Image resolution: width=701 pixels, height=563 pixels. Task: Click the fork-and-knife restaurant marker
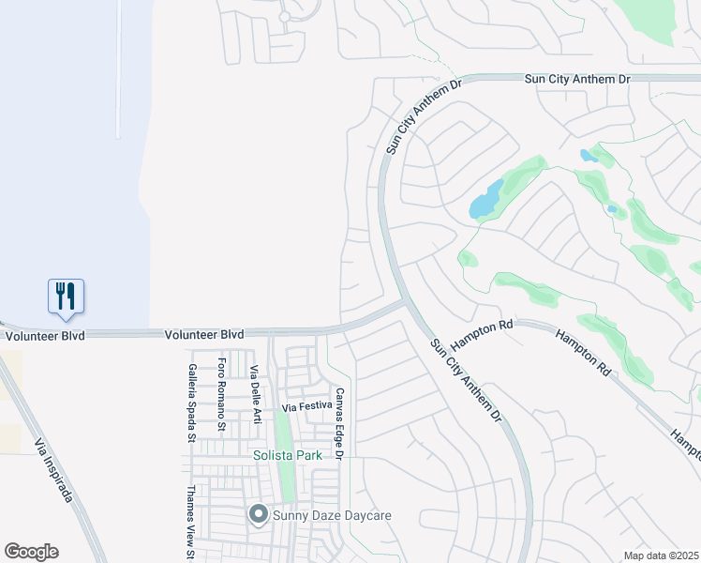point(66,296)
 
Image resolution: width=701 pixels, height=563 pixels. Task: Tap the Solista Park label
point(288,456)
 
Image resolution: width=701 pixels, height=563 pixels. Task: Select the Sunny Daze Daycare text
point(331,515)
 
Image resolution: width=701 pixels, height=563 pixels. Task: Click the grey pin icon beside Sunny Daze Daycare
point(258,514)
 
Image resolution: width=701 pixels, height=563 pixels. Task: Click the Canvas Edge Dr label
point(339,423)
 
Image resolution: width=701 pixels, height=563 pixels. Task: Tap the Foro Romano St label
point(222,394)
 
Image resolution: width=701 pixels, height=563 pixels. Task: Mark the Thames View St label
point(189,521)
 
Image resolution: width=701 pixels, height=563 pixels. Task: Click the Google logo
point(31,552)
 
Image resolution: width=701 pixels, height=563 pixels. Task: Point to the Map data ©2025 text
point(660,555)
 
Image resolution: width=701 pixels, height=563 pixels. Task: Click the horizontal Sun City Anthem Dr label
point(576,80)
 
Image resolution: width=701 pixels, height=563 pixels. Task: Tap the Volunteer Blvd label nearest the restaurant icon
point(44,335)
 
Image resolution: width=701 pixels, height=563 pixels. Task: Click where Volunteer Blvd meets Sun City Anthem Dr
point(404,302)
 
